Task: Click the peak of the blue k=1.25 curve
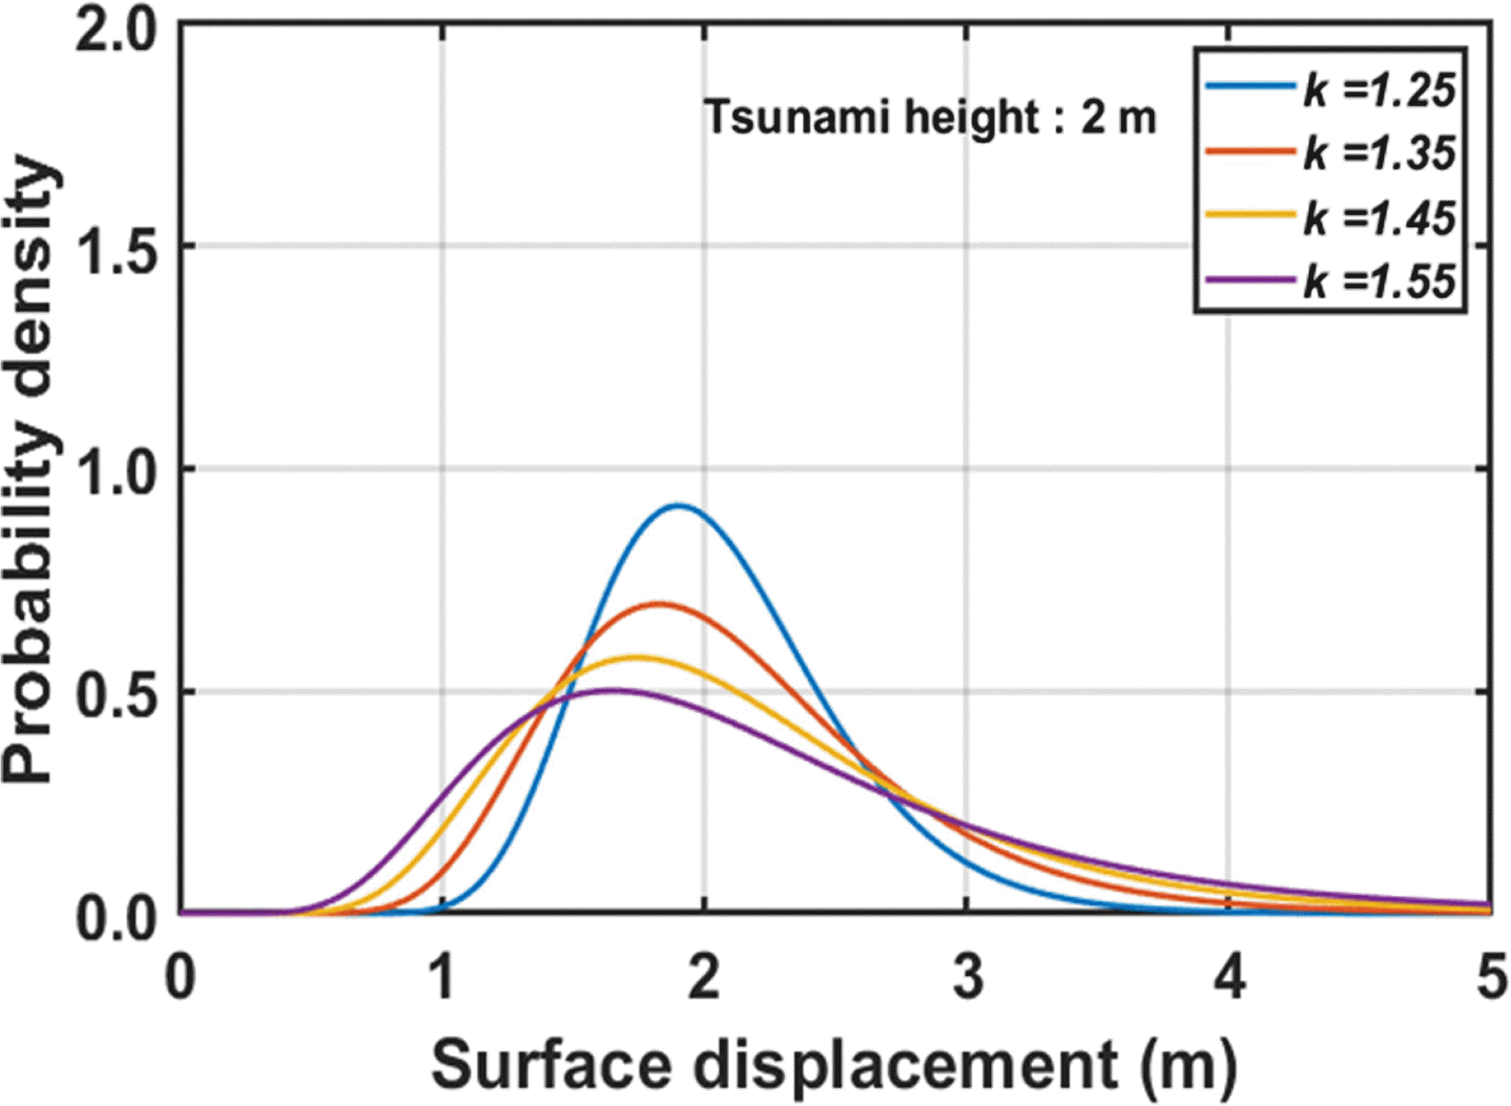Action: (678, 506)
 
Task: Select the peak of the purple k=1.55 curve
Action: (615, 690)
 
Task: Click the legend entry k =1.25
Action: (1379, 90)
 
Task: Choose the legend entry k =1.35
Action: (1379, 153)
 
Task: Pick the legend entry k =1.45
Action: (1379, 218)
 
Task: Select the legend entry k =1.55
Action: (1379, 282)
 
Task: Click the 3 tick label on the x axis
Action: (967, 978)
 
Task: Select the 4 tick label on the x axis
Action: (1230, 978)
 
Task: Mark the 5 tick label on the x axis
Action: (1490, 978)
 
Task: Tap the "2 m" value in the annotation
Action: (1118, 118)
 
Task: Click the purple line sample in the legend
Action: (1251, 281)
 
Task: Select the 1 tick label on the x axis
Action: (441, 978)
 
